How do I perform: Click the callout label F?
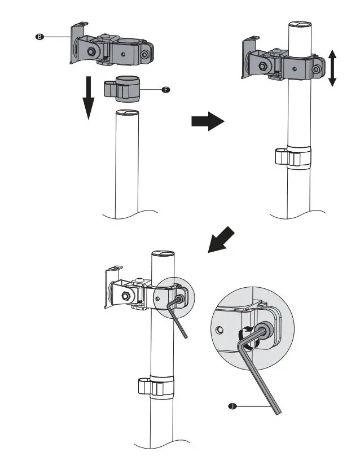click(x=165, y=89)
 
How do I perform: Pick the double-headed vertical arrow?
click(x=332, y=67)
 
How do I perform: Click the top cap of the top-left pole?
click(x=128, y=112)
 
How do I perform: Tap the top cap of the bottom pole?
click(x=163, y=254)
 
